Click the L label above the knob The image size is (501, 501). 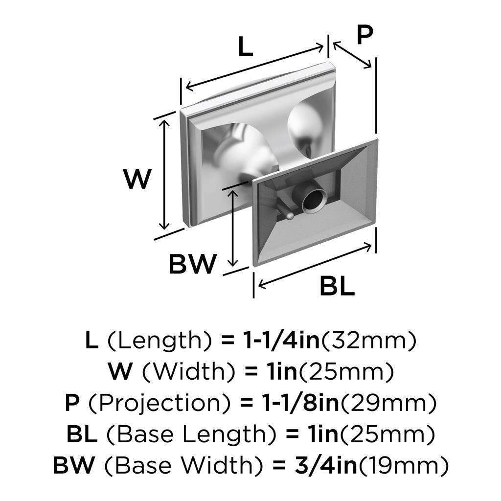(246, 46)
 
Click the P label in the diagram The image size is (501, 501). (364, 35)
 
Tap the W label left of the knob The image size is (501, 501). (137, 179)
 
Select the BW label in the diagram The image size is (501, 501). (193, 264)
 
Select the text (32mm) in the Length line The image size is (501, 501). (368, 341)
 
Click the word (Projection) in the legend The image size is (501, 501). (159, 403)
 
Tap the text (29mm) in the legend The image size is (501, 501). (388, 403)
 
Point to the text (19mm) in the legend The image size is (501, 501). (403, 466)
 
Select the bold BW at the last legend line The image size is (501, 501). (74, 465)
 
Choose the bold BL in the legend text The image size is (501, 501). (82, 434)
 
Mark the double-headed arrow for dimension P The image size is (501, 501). (352, 55)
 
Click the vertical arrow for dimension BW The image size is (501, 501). (233, 228)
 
